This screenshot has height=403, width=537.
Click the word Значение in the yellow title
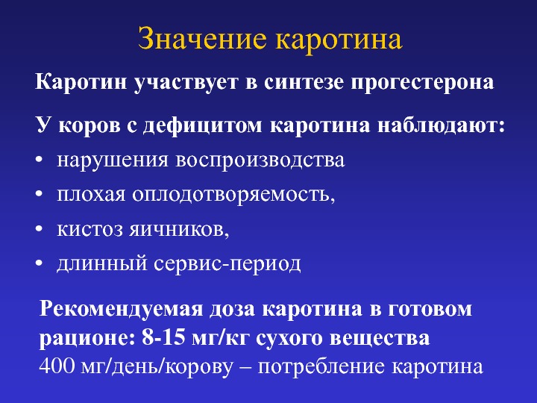click(202, 39)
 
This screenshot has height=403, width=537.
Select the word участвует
click(185, 84)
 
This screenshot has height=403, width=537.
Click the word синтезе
click(304, 83)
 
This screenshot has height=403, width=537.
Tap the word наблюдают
click(441, 126)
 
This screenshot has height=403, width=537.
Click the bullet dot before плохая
click(40, 195)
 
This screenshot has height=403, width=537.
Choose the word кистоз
click(89, 230)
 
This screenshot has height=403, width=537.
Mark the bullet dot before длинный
click(40, 263)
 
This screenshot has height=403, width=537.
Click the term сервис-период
click(227, 264)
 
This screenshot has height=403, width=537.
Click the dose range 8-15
click(163, 338)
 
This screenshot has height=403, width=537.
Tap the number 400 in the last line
click(57, 366)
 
